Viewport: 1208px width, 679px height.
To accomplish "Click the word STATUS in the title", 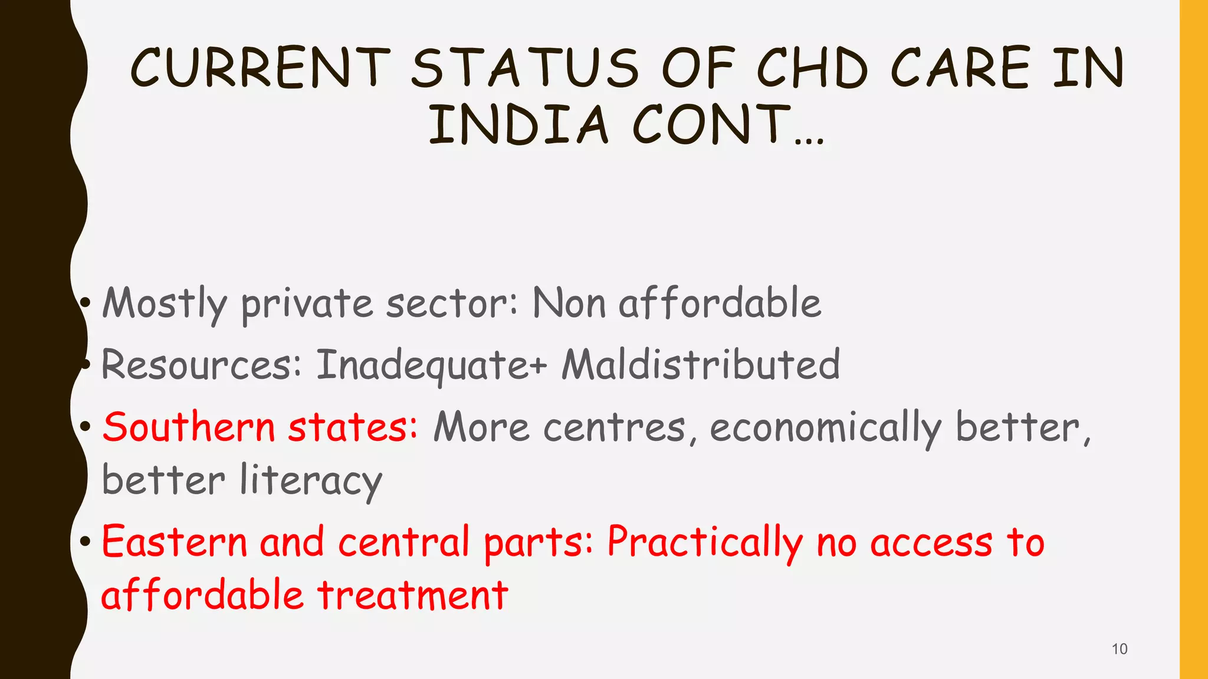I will [524, 68].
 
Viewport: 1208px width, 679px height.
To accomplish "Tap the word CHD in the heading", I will [812, 68].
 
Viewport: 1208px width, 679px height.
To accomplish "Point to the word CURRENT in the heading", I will [260, 68].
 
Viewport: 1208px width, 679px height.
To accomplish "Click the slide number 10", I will [1119, 649].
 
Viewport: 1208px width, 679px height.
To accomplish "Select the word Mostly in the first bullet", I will [165, 304].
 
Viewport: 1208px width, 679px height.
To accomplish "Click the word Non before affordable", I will [569, 303].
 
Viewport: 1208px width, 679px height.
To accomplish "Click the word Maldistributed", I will [701, 364].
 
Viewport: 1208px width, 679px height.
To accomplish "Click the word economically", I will [825, 428].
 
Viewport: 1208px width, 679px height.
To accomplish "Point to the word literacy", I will [311, 481].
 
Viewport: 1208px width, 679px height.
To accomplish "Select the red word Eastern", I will [175, 541].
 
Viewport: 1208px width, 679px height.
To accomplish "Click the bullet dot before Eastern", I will [86, 540].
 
